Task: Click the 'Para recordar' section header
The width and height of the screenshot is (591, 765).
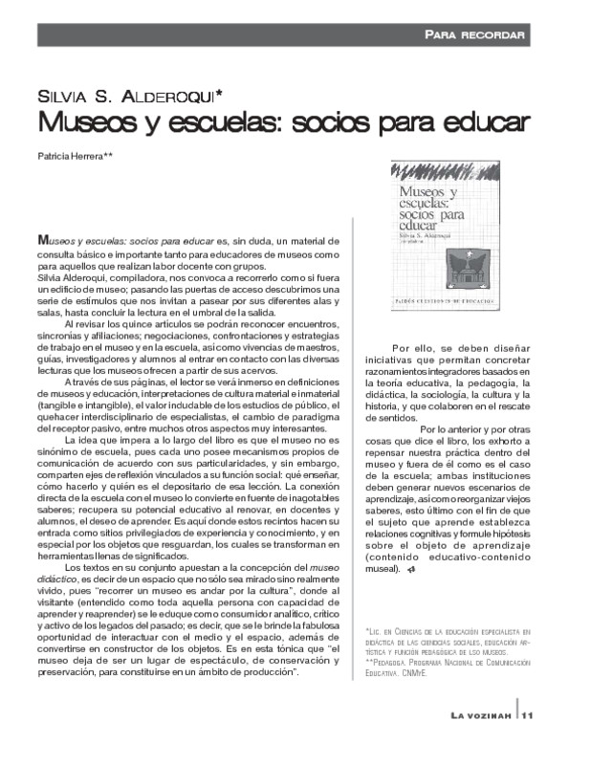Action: point(475,35)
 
